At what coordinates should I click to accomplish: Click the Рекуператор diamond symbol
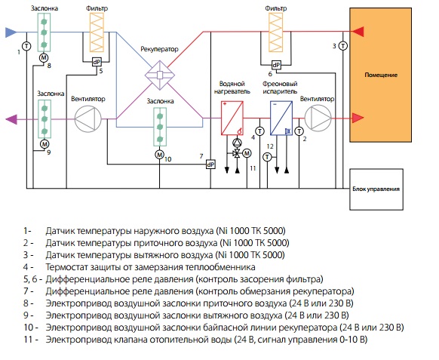[x=160, y=75]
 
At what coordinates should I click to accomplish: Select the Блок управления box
[x=376, y=189]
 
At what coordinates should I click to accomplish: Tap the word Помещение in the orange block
[x=381, y=75]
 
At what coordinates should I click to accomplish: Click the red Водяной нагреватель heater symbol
[x=232, y=118]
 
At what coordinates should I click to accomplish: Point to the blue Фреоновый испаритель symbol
[x=281, y=118]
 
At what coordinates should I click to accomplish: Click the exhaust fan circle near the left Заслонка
[x=87, y=118]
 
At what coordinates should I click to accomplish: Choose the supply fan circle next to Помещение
[x=318, y=118]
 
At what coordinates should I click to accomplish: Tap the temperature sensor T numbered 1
[x=26, y=46]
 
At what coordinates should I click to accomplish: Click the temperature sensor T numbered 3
[x=343, y=46]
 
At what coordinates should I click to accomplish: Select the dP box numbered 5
[x=97, y=62]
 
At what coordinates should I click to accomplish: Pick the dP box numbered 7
[x=210, y=165]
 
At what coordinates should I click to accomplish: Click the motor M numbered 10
[x=159, y=155]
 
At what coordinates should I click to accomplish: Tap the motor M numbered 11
[x=247, y=153]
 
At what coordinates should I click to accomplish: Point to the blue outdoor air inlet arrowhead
[x=11, y=32]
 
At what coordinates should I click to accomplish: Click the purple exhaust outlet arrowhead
[x=11, y=119]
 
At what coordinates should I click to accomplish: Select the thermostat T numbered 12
[x=267, y=157]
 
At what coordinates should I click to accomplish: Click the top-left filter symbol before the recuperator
[x=97, y=32]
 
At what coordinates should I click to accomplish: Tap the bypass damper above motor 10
[x=160, y=128]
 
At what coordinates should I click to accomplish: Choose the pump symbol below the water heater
[x=237, y=143]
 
